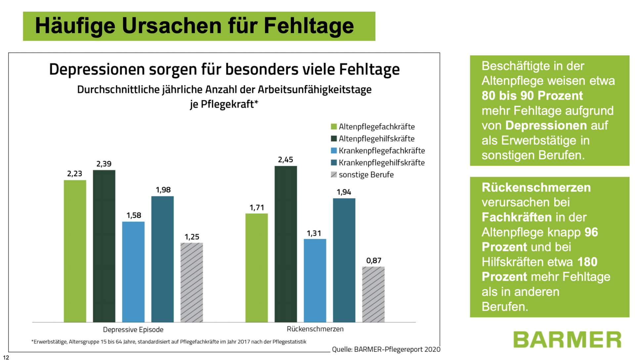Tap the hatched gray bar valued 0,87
[x=373, y=294]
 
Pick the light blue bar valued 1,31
[x=315, y=280]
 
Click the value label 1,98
[x=163, y=190]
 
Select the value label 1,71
[x=257, y=208]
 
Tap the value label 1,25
[x=192, y=237]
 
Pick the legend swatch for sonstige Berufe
[x=334, y=175]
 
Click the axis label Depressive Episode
[x=133, y=330]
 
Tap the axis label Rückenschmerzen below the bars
[x=315, y=329]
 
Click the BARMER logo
[x=567, y=339]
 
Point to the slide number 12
[x=6, y=357]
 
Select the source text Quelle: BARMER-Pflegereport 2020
[x=386, y=349]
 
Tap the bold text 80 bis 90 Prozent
[x=532, y=96]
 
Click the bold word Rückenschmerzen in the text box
[x=536, y=188]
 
